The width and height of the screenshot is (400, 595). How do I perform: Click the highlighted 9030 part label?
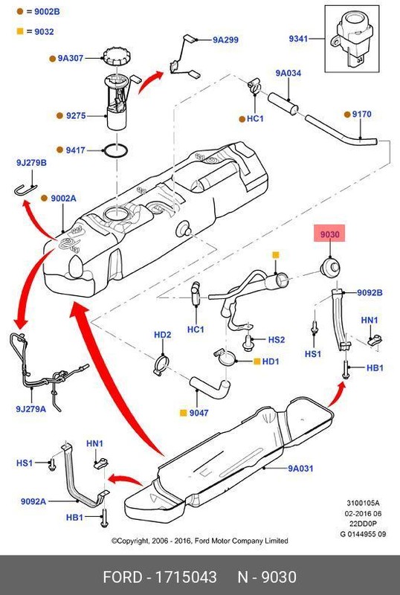pyautogui.click(x=330, y=235)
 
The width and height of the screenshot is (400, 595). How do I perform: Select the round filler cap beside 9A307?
pyautogui.click(x=115, y=56)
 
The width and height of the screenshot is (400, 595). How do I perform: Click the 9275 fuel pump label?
pyautogui.click(x=76, y=115)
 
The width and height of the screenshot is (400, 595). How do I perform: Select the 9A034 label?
pyautogui.click(x=288, y=73)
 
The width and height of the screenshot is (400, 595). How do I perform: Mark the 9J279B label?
pyautogui.click(x=30, y=162)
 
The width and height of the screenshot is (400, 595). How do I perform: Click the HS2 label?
pyautogui.click(x=277, y=339)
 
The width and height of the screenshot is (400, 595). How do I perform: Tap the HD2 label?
pyautogui.click(x=162, y=335)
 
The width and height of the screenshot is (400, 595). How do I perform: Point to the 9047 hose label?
pyautogui.click(x=199, y=411)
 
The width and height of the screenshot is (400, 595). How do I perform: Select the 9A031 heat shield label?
pyautogui.click(x=302, y=469)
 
